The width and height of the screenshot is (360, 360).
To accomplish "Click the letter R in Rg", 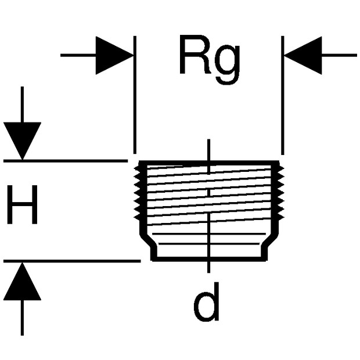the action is (195, 55).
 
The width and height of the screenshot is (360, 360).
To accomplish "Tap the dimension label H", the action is (22, 204).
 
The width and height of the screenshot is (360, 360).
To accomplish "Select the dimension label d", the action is (206, 302).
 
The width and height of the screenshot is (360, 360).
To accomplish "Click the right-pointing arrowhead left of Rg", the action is (114, 55).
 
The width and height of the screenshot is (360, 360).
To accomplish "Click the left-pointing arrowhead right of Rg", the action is (303, 55).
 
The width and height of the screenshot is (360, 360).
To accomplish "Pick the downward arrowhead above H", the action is (22, 141).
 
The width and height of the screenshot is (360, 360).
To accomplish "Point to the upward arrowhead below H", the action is (22, 282).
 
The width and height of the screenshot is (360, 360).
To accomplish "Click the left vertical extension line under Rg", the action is (135, 95).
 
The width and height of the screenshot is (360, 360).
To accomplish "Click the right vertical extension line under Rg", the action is (282, 95).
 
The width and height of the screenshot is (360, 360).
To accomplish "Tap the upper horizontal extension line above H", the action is (66, 161).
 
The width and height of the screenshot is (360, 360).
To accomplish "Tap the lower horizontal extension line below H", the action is (72, 261).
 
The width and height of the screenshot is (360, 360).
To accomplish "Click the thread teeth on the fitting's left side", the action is (137, 193).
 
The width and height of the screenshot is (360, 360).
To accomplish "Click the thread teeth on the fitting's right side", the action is (281, 193).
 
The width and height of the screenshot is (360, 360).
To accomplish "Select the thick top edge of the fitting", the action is (209, 163).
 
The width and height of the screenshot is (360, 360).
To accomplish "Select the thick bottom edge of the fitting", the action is (209, 259).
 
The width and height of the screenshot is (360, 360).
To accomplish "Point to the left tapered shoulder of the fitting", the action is (146, 240).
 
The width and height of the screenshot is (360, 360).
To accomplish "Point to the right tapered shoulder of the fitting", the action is (272, 240).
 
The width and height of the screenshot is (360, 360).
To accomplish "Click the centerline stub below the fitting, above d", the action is (208, 268).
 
